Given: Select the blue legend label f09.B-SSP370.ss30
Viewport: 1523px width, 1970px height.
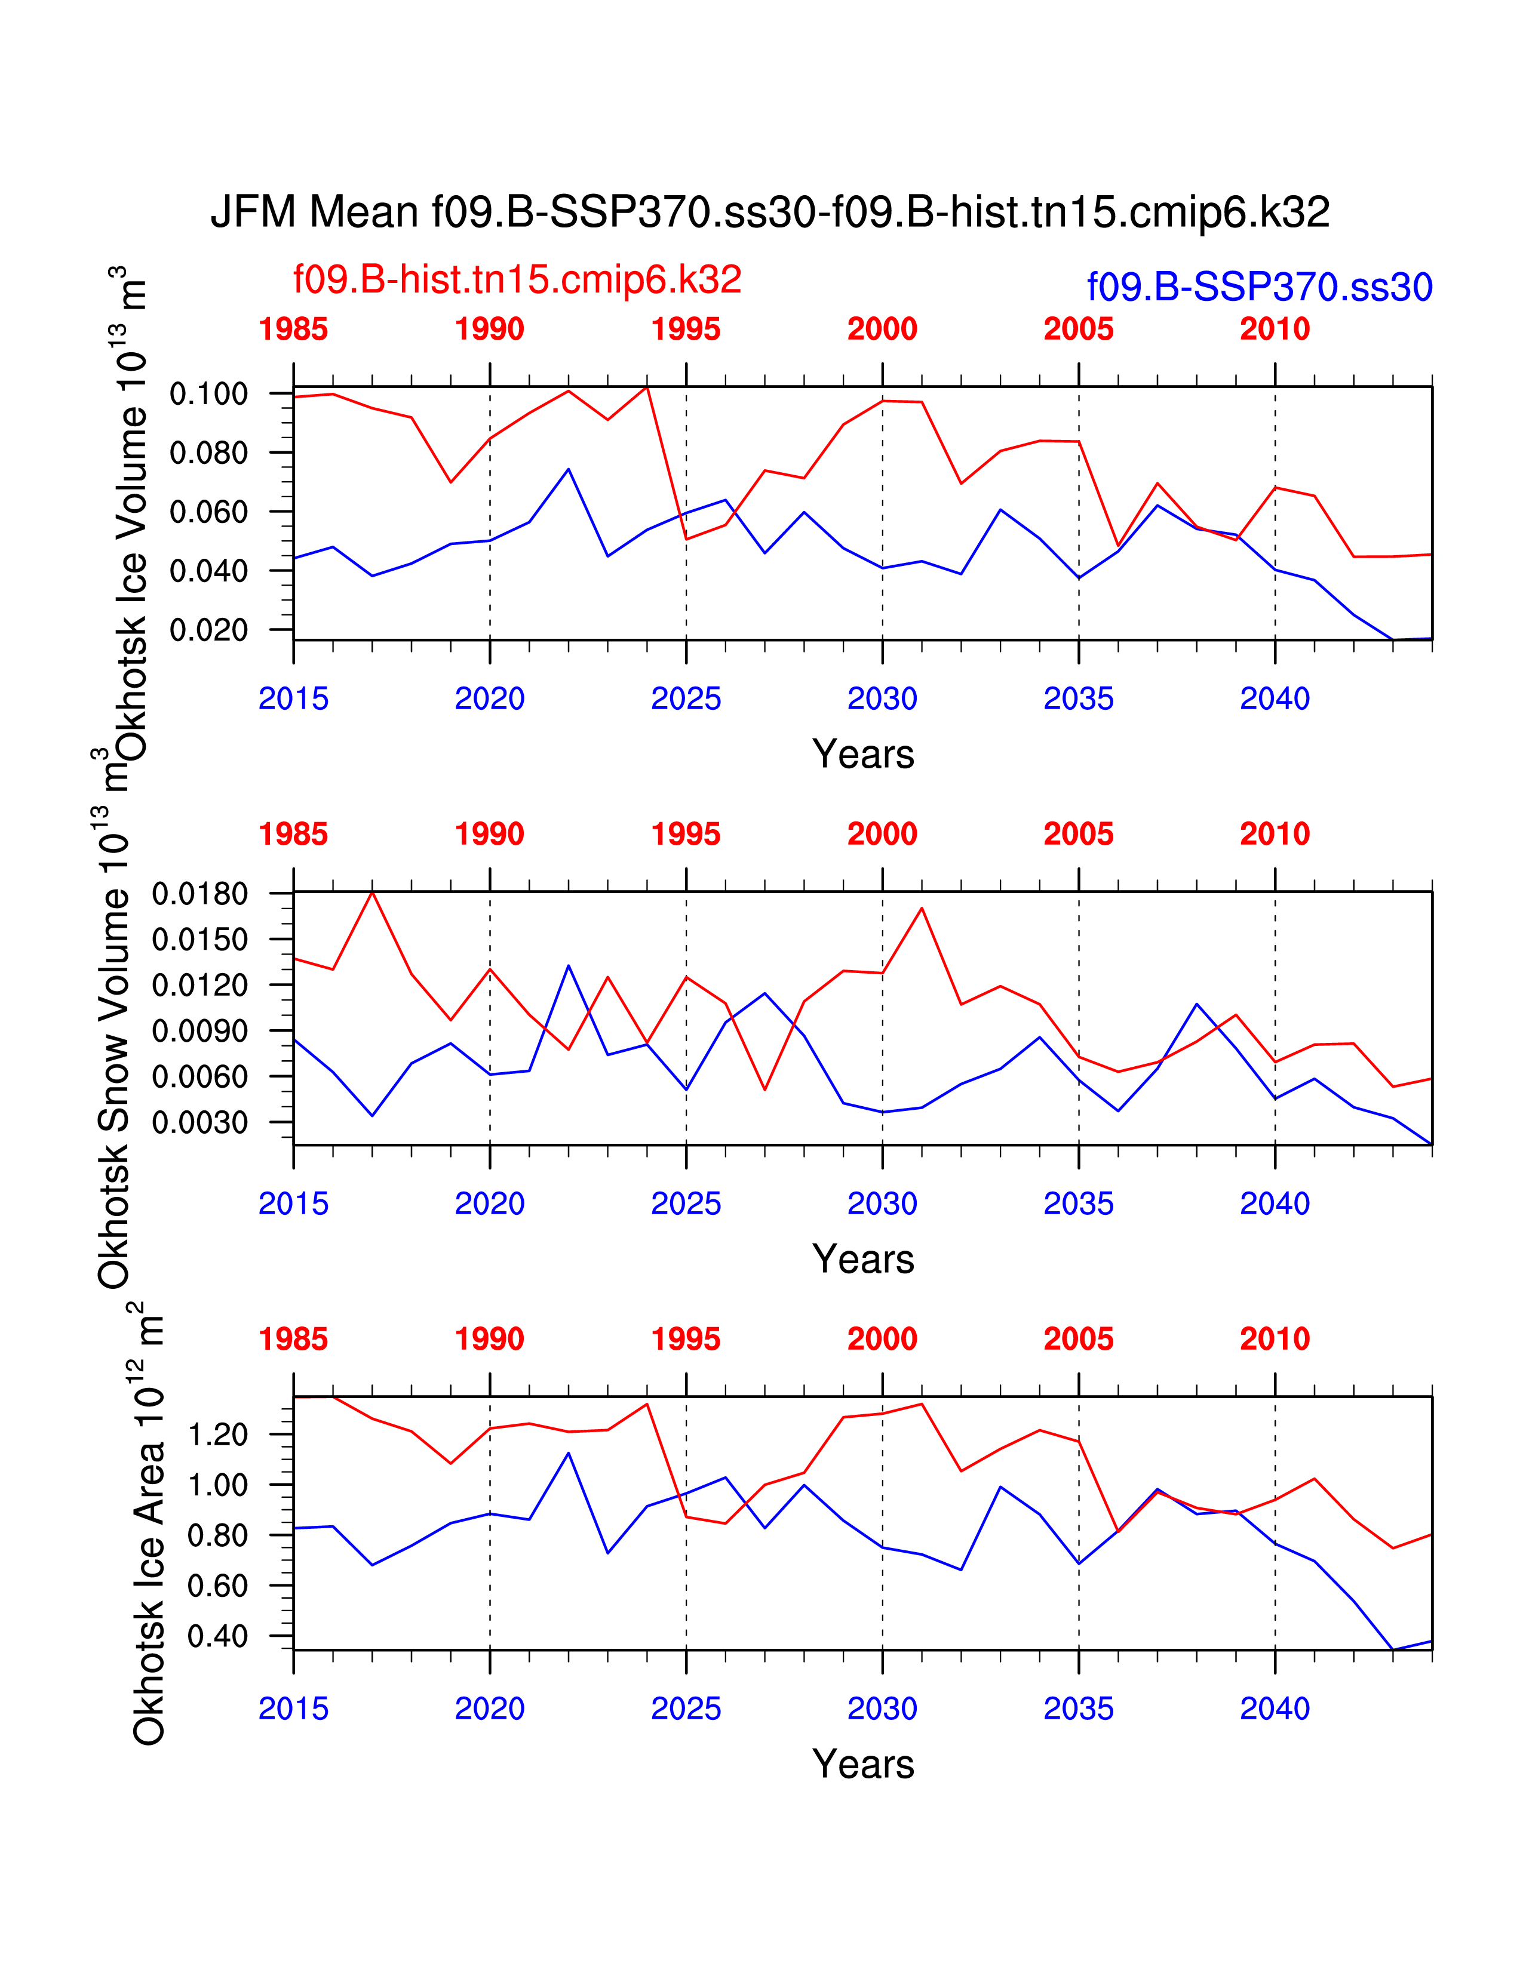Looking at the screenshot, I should (1260, 287).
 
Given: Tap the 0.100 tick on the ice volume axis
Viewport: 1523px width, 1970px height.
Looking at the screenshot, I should (208, 394).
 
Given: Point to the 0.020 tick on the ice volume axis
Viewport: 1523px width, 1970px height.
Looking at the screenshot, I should (208, 630).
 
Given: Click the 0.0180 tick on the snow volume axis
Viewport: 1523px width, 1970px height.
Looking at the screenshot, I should (199, 894).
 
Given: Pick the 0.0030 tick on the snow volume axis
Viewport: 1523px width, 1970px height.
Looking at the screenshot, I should (199, 1123).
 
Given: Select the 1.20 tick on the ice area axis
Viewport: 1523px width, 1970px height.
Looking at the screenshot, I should (217, 1434).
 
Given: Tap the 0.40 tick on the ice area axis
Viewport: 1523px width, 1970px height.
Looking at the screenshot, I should (217, 1636).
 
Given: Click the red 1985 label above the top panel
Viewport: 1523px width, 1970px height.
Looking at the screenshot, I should (293, 330).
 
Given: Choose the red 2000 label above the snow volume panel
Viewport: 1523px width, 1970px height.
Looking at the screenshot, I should (882, 835).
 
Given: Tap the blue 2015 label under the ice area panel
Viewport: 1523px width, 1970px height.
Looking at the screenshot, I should (293, 1709).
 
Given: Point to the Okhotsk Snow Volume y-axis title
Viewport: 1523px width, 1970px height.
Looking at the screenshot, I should (115, 1046).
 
